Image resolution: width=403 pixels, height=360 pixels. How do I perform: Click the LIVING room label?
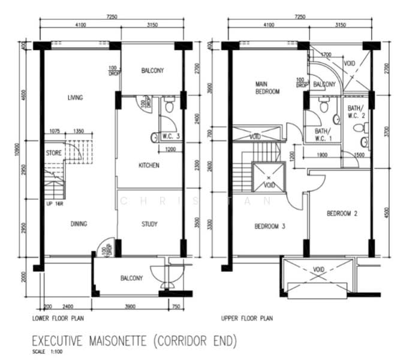click(x=75, y=98)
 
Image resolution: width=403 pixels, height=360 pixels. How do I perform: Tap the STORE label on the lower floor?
click(x=53, y=153)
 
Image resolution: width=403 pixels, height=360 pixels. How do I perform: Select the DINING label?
click(x=79, y=224)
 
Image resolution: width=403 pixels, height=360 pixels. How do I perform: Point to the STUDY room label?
click(x=149, y=224)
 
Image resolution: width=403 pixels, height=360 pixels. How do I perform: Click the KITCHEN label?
click(x=149, y=166)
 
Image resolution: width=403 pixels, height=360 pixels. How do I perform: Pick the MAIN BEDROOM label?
click(x=267, y=88)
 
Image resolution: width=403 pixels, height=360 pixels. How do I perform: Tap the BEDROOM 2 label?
click(x=342, y=214)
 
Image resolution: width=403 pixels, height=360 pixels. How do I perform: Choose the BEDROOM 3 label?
click(x=269, y=226)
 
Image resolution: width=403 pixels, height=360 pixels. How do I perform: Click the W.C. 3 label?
click(x=171, y=136)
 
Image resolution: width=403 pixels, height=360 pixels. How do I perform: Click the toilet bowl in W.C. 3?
click(x=170, y=107)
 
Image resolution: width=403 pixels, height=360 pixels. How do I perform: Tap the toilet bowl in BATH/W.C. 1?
click(x=324, y=107)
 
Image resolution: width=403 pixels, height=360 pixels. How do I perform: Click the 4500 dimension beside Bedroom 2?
click(x=387, y=214)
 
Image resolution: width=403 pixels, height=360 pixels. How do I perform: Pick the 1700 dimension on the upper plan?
click(x=326, y=55)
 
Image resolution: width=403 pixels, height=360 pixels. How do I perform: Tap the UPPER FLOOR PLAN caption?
click(x=247, y=318)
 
